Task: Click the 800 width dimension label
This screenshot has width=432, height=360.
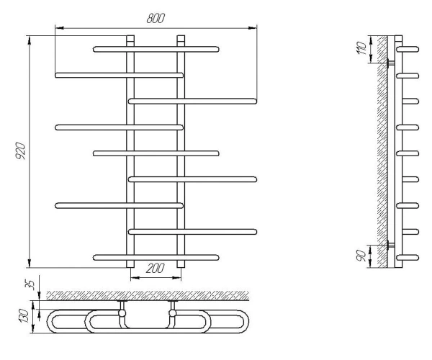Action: point(156,18)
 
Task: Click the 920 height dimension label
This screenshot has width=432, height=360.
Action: point(20,150)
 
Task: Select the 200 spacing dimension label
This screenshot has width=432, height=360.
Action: point(155,269)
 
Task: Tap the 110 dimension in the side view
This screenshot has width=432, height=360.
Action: point(361,48)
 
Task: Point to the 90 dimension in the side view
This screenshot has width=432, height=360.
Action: point(361,256)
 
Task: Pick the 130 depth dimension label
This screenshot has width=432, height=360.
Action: point(23,316)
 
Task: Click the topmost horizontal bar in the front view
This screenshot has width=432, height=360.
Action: point(156,49)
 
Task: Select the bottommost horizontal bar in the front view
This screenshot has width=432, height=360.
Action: point(156,258)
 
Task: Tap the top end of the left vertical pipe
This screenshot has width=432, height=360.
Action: point(130,35)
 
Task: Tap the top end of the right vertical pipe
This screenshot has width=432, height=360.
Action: point(181,35)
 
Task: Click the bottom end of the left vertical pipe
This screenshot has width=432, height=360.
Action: point(130,267)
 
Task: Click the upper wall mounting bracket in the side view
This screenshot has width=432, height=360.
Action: point(390,63)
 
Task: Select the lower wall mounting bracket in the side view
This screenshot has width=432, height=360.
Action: point(390,244)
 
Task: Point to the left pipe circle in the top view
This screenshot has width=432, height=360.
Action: point(122,313)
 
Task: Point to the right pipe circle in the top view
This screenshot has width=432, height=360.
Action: point(173,313)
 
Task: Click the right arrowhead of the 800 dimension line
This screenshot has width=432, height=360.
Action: point(253,28)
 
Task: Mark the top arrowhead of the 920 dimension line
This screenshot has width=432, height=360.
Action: point(29,40)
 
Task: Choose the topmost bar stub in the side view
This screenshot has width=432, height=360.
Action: point(408,49)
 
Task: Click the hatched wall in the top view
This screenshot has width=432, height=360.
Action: point(148,295)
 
